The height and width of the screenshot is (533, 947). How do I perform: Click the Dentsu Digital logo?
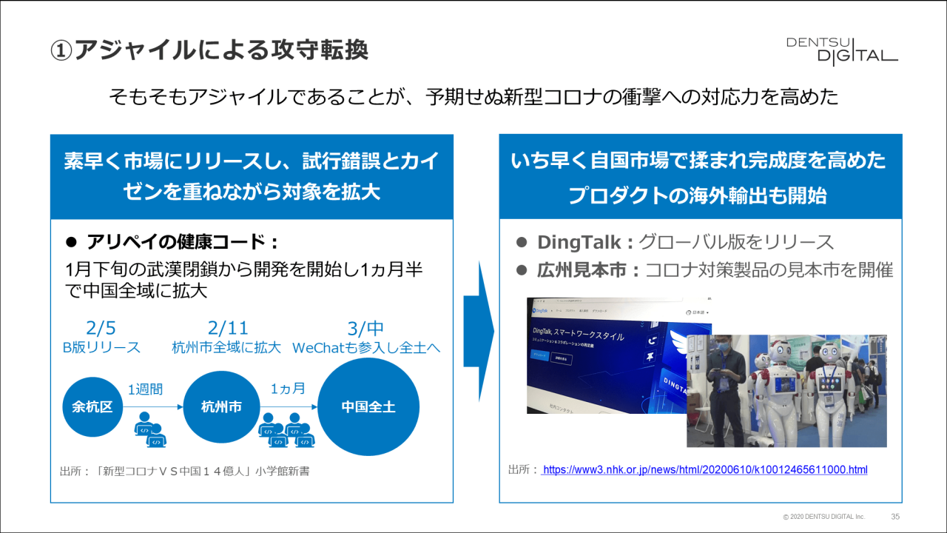[842, 50]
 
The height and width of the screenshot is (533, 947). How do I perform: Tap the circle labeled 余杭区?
[92, 406]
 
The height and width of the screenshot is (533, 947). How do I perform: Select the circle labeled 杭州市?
[221, 406]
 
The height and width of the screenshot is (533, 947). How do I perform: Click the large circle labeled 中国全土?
[368, 406]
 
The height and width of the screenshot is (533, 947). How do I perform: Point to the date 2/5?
[101, 328]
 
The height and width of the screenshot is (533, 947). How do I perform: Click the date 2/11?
[228, 328]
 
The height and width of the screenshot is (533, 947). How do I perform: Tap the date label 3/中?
[365, 328]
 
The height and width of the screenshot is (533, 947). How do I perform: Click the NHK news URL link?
[704, 470]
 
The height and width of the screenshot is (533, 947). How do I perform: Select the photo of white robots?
[786, 391]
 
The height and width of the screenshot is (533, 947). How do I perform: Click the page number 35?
[895, 516]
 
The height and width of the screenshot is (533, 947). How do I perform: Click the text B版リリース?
[101, 347]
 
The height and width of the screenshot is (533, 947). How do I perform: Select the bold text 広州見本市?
[583, 270]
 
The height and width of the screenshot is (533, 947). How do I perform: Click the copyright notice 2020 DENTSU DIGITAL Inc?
[823, 516]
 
